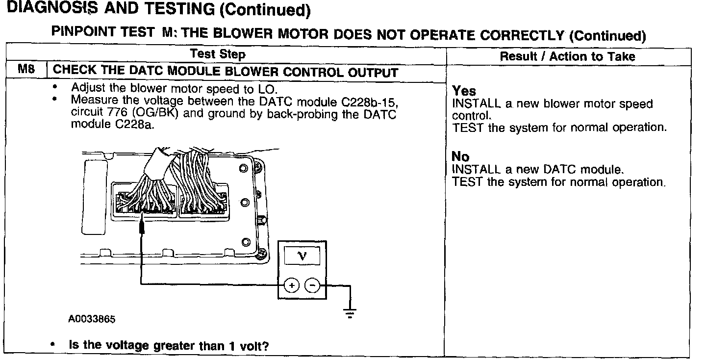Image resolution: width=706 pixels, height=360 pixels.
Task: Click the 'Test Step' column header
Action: tap(218, 54)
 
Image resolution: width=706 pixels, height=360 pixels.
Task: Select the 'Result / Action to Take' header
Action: tap(567, 56)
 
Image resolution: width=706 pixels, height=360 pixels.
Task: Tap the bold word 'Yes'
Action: tap(464, 91)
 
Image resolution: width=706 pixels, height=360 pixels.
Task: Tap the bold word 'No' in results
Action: tap(460, 157)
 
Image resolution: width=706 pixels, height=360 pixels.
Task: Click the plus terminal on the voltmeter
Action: tap(291, 284)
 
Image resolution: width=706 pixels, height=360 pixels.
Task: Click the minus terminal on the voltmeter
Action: tap(312, 284)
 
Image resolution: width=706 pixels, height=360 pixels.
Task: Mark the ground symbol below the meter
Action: tap(350, 312)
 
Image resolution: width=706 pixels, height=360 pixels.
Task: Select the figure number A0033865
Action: tap(92, 319)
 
